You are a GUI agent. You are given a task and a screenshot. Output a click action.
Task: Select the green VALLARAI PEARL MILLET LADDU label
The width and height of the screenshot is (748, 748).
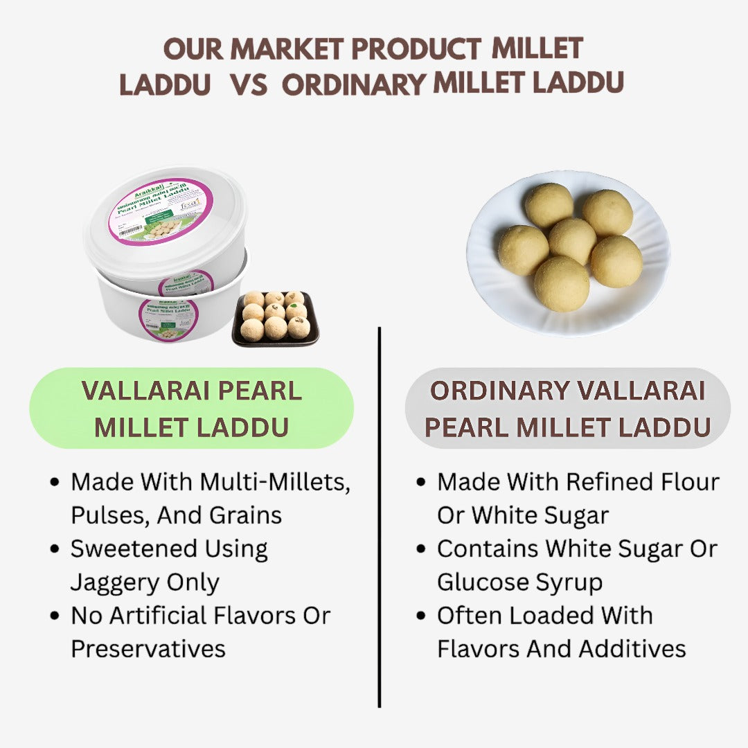click(191, 409)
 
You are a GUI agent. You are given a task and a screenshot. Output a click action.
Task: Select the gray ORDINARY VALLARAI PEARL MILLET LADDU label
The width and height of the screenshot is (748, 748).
click(567, 409)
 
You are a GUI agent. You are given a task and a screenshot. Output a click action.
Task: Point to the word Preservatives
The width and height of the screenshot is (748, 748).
click(148, 649)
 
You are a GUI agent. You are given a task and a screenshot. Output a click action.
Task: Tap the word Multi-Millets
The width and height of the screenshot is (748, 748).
click(276, 482)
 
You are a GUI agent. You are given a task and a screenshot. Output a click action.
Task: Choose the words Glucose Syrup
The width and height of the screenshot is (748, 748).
click(519, 582)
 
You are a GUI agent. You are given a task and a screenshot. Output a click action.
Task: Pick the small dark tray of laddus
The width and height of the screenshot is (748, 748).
click(276, 318)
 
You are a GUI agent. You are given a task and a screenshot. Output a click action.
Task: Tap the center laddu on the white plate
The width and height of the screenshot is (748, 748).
click(572, 241)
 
